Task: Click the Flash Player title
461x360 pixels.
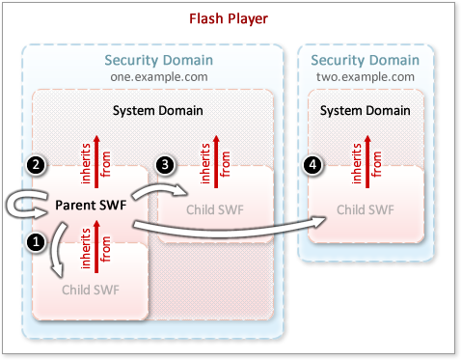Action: pyautogui.click(x=230, y=17)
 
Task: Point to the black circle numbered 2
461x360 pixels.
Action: pyautogui.click(x=35, y=165)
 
